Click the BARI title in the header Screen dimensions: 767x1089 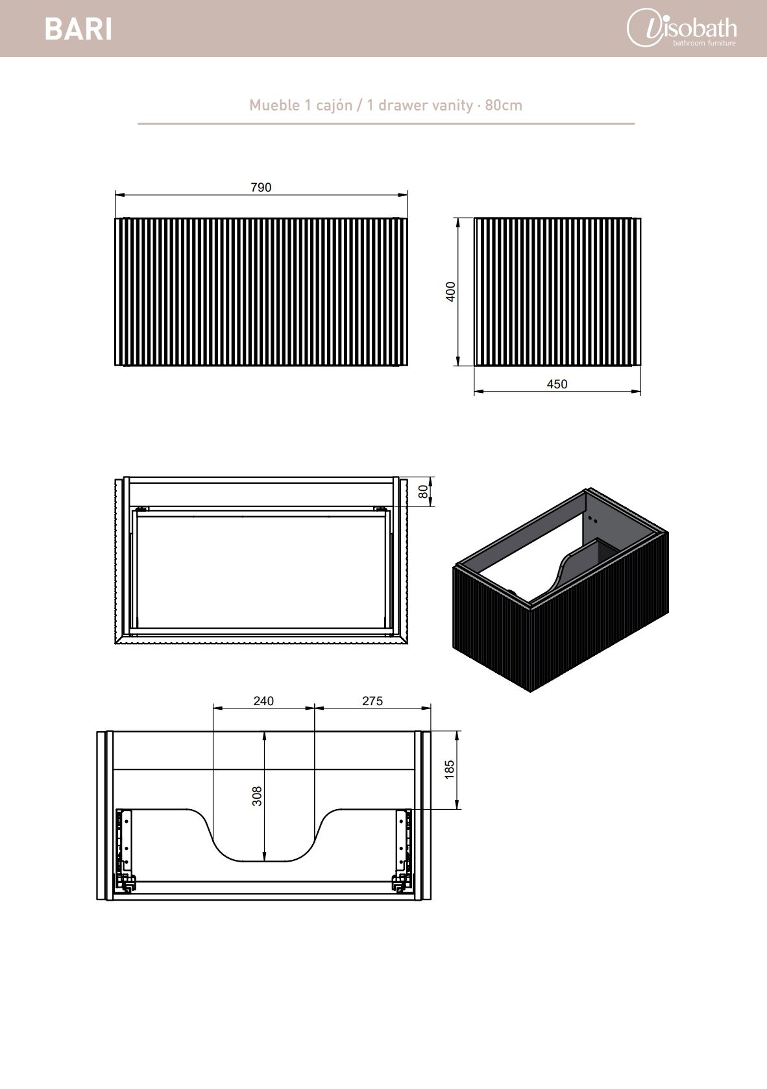coord(79,29)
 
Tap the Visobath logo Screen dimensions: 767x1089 coord(681,28)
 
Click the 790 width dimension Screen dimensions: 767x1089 coord(261,187)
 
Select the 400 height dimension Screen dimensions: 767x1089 coord(451,292)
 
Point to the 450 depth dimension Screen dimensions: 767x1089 coord(557,384)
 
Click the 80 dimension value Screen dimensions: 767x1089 coord(423,492)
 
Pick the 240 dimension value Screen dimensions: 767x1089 coord(263,701)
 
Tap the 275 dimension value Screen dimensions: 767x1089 coord(372,701)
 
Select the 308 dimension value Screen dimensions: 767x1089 coord(256,796)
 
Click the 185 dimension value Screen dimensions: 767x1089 coord(449,770)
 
